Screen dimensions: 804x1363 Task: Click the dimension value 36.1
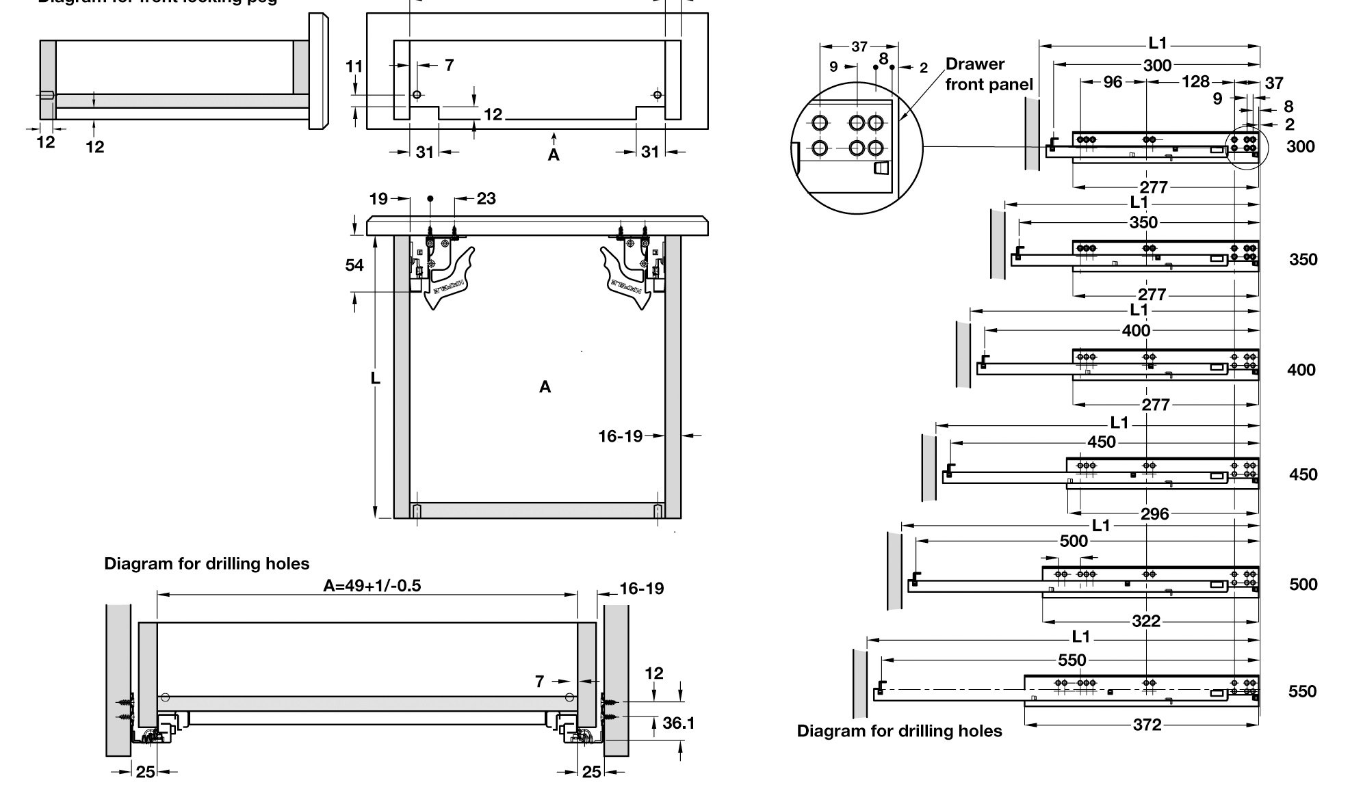(x=678, y=723)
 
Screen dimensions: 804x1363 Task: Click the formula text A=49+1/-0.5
(x=372, y=586)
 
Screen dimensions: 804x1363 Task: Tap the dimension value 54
(x=354, y=265)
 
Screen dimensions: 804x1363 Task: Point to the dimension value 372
(x=1147, y=725)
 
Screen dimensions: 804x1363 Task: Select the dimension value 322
(x=1146, y=621)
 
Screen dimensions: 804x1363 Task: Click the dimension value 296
(x=1154, y=514)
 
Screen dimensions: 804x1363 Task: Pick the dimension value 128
(x=1195, y=82)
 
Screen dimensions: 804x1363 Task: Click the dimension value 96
(x=1113, y=82)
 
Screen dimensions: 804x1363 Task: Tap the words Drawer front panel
(x=989, y=75)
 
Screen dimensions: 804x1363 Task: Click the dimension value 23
(x=486, y=199)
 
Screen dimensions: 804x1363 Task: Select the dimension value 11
(x=354, y=67)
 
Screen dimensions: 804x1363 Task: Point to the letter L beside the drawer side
(x=375, y=378)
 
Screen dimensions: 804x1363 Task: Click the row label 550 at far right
(x=1302, y=692)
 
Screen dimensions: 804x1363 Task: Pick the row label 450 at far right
(x=1303, y=475)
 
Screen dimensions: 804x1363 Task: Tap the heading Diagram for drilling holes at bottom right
(x=899, y=732)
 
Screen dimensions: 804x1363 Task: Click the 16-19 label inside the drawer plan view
(x=620, y=436)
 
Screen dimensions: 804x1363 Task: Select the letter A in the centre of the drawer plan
(x=545, y=388)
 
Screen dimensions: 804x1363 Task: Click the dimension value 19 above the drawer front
(x=378, y=199)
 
